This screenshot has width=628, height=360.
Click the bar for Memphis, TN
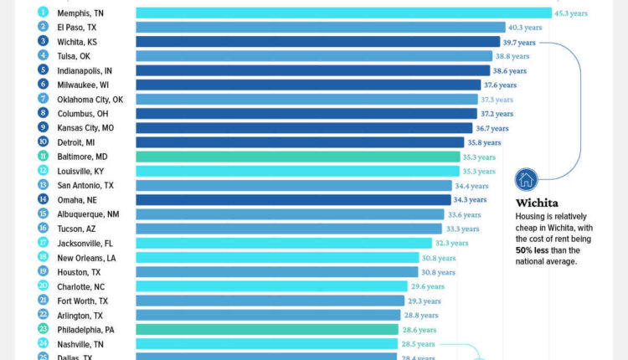342,13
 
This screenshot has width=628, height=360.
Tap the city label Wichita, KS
77,42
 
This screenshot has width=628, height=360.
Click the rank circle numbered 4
43,56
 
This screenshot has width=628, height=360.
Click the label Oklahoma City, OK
90,100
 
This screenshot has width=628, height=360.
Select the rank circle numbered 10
43,142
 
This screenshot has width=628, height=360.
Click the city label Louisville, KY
80,172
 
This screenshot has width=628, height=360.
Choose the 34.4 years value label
471,186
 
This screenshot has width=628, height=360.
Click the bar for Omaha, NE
293,200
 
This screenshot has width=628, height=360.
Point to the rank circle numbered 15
43,214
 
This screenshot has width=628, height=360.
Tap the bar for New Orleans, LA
276,258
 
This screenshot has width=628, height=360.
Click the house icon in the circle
526,179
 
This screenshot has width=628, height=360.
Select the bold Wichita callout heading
537,203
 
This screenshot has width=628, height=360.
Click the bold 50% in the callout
525,250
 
